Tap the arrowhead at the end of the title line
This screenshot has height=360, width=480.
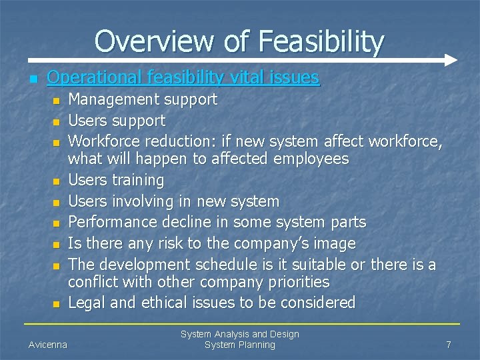tap(451, 59)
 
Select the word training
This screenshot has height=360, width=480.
tap(139, 180)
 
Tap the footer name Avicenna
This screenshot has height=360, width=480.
tap(48, 345)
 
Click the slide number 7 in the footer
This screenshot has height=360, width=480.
tap(449, 345)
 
